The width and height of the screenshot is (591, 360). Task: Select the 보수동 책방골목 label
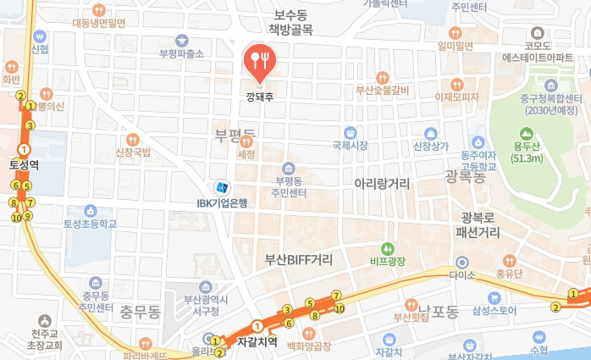point(291,23)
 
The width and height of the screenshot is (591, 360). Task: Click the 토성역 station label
point(24,164)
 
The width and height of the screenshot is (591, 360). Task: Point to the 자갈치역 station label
point(257,343)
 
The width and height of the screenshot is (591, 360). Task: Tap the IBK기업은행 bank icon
point(222,187)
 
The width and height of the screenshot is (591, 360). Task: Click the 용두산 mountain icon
point(527,134)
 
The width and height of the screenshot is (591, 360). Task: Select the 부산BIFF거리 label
point(298,258)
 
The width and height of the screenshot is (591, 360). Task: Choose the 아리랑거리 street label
point(382,183)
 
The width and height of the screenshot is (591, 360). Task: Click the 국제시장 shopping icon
point(349,132)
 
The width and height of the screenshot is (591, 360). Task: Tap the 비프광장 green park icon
point(388,249)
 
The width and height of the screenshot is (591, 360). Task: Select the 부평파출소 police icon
point(182,40)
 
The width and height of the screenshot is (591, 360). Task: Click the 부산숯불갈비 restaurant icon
point(383,76)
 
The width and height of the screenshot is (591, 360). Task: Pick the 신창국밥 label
point(133,152)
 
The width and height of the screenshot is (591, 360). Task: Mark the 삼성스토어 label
point(496,311)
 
